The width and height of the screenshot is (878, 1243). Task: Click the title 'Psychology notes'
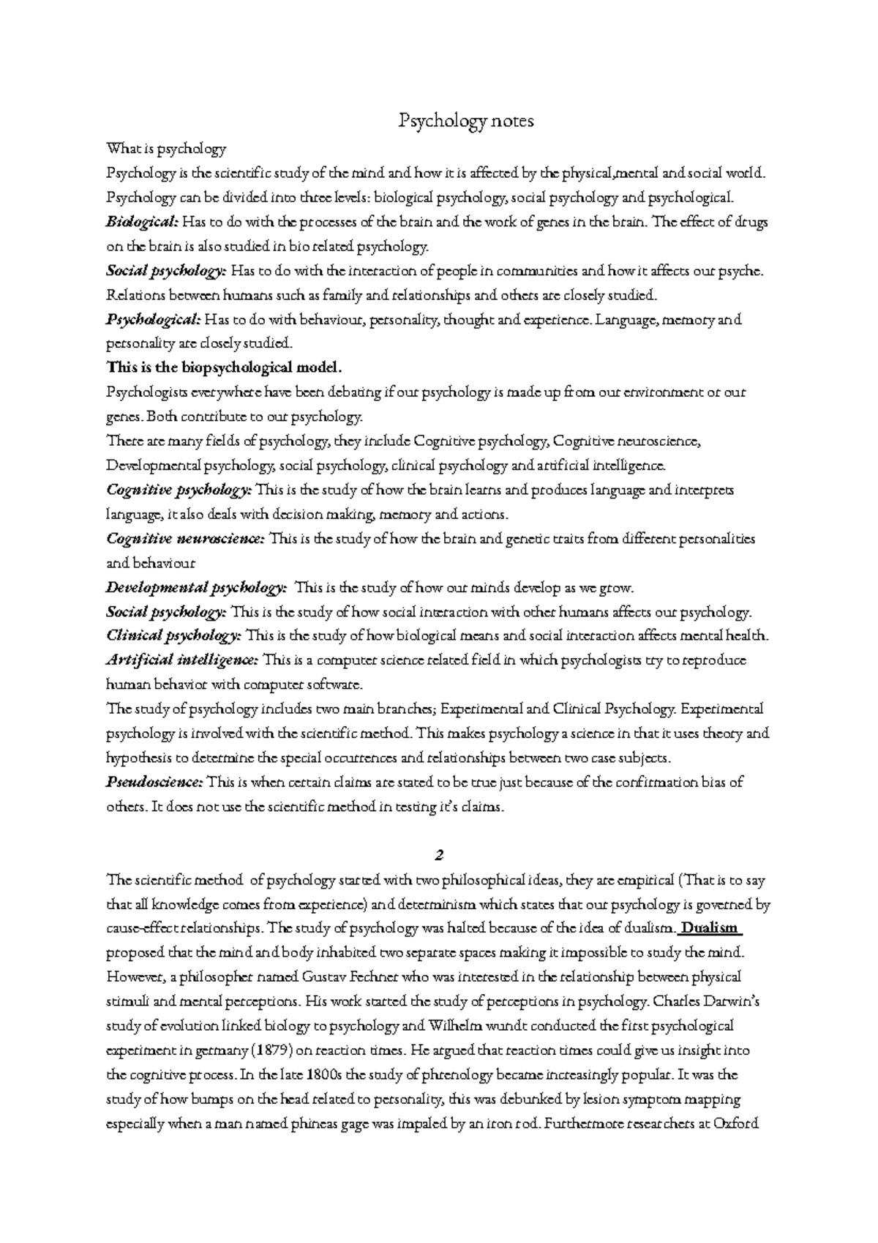[x=466, y=121]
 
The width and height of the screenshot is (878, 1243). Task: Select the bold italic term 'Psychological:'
[x=153, y=320]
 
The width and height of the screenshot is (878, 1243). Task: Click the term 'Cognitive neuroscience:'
[x=185, y=540]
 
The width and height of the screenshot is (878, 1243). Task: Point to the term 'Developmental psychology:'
[x=196, y=588]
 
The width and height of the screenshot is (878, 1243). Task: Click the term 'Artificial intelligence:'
[x=181, y=660]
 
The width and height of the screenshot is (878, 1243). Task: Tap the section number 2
[x=439, y=855]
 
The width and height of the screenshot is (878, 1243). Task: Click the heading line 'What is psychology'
[x=166, y=149]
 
